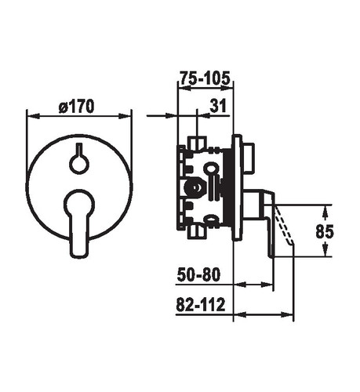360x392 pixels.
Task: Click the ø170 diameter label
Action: [x=77, y=107]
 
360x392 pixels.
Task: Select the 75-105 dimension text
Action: [x=205, y=78]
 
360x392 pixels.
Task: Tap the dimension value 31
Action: [x=218, y=106]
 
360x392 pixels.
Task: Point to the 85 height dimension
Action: [x=325, y=231]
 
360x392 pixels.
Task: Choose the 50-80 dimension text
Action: [x=198, y=274]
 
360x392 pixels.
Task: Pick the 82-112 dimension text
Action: [x=201, y=304]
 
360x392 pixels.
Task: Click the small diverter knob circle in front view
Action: [x=79, y=165]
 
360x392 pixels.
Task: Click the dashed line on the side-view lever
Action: [x=283, y=225]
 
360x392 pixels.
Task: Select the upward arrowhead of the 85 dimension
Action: [x=325, y=211]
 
